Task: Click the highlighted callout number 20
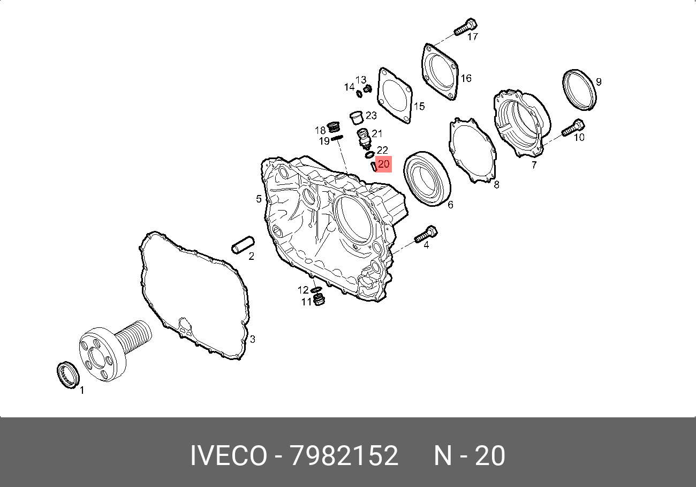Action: coord(384,164)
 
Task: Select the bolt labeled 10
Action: coord(573,128)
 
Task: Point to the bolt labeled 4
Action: coord(426,234)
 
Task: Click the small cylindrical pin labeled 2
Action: coord(243,245)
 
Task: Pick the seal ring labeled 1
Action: coord(68,374)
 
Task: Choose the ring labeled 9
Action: coord(579,90)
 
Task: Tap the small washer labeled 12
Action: coord(316,290)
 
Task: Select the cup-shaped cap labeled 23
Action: coord(357,117)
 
